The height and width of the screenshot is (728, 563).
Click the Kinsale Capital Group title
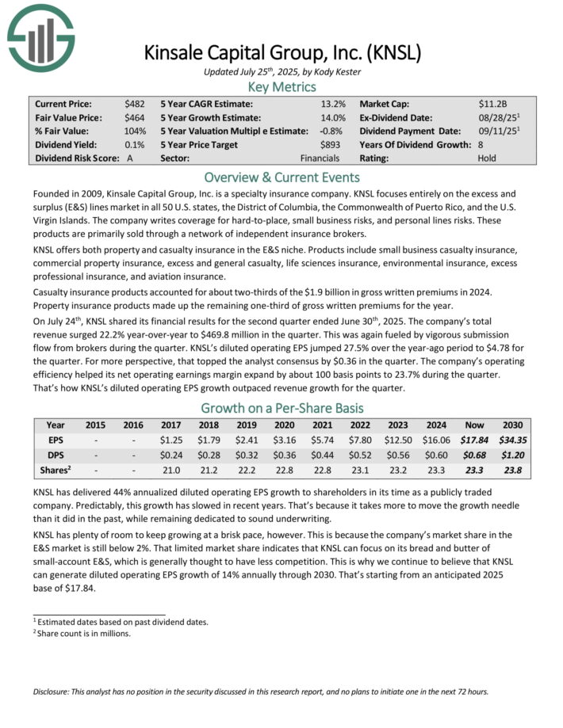(x=281, y=53)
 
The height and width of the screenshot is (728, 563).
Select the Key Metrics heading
(x=281, y=87)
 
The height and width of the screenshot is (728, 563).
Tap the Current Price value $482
(x=134, y=104)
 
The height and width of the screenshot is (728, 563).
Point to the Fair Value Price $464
(x=134, y=117)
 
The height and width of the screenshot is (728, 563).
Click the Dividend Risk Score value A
(x=129, y=158)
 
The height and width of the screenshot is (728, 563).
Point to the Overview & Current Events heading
(x=281, y=177)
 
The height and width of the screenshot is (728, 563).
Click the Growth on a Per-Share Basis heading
(x=281, y=409)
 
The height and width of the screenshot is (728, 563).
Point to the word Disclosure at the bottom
(x=55, y=692)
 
